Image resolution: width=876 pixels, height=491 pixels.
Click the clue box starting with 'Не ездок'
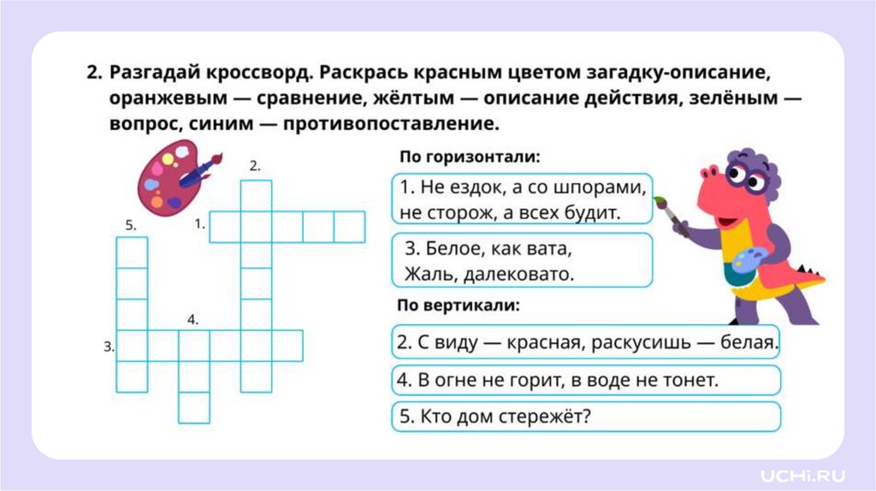[x=522, y=199]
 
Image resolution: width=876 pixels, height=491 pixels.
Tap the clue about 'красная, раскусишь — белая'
[x=586, y=344]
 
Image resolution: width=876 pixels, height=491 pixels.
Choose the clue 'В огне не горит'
[x=586, y=380]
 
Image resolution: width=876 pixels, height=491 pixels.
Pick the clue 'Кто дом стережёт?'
[x=586, y=417]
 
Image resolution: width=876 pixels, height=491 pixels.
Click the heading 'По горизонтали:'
[x=470, y=158]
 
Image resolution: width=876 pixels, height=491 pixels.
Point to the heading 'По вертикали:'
[x=459, y=305]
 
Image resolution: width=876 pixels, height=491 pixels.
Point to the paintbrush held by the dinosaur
[x=672, y=216]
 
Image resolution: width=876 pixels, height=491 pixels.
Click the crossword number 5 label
[x=131, y=226]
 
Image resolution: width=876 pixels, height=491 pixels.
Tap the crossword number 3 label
[x=109, y=346]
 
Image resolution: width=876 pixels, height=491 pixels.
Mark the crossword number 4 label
[x=193, y=320]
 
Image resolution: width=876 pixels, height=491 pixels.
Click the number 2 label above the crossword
[x=255, y=166]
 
